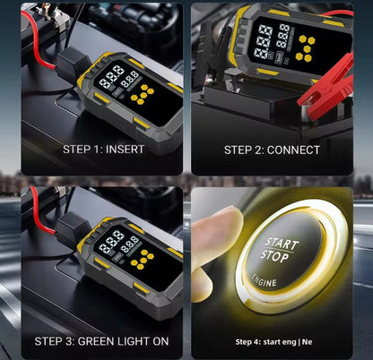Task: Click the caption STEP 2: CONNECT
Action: [x=272, y=150]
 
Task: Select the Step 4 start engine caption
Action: [x=273, y=341]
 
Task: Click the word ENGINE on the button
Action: [x=277, y=285]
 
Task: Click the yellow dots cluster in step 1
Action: [x=143, y=93]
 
